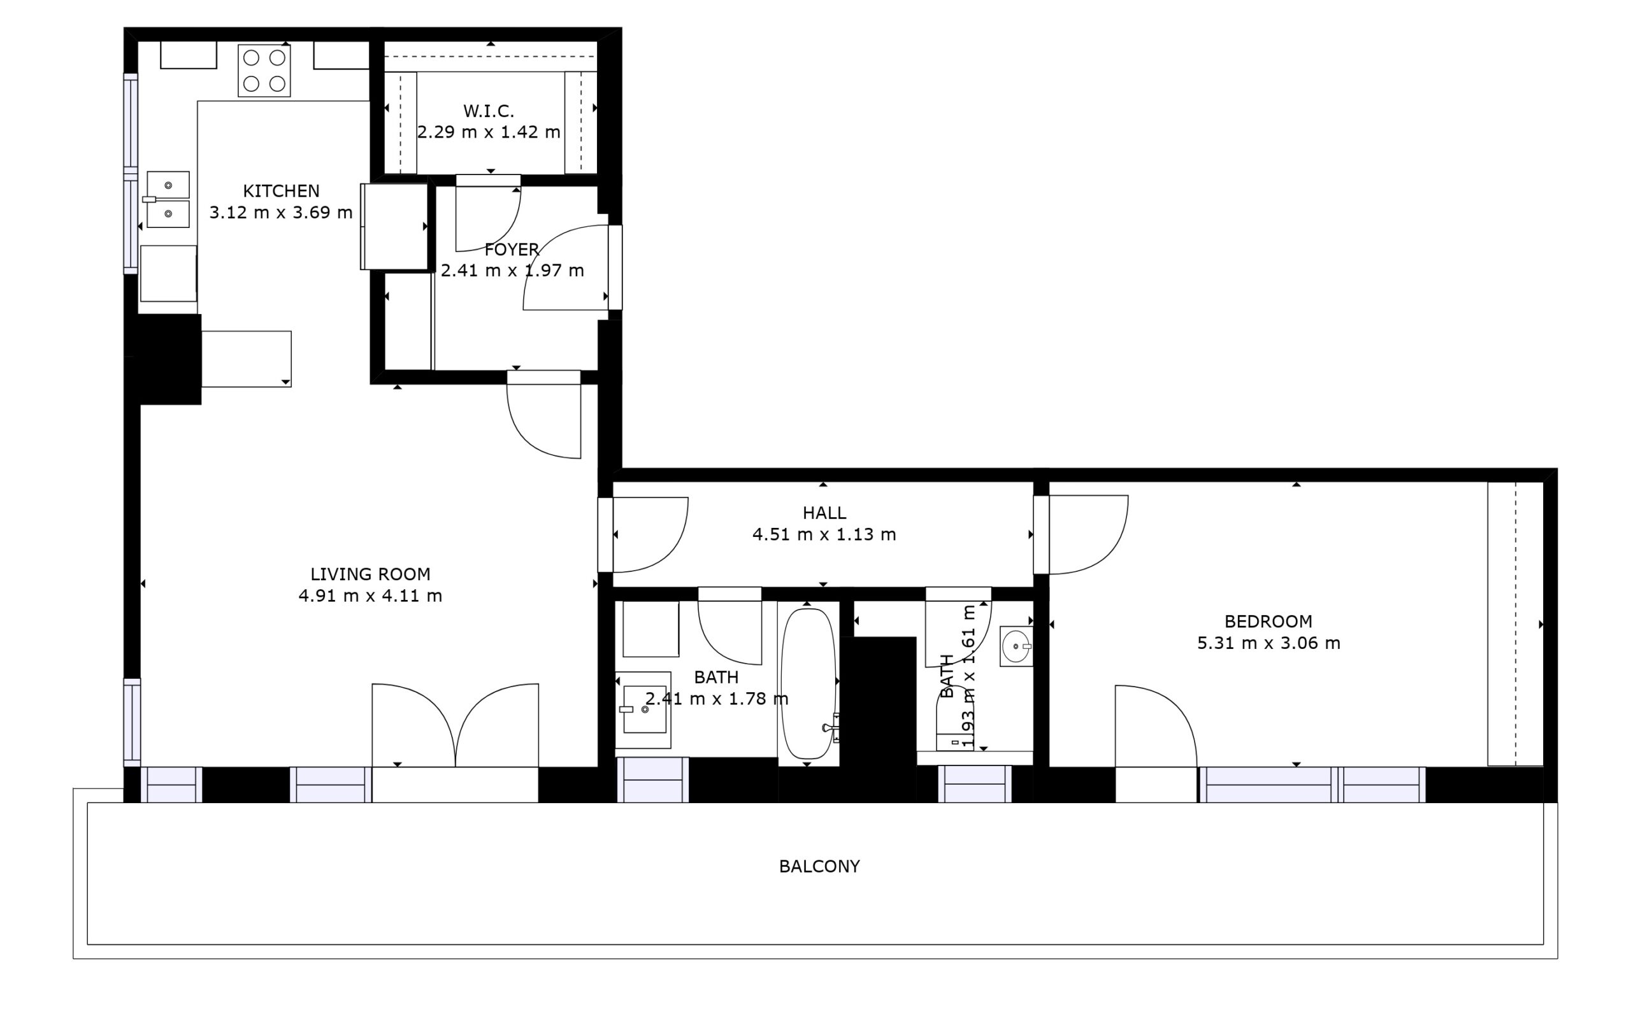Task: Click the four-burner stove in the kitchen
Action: click(264, 71)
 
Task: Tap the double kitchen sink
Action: click(168, 199)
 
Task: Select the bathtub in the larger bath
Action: click(807, 683)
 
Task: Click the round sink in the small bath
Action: click(1016, 646)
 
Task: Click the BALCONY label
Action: click(819, 866)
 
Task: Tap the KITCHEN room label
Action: click(281, 191)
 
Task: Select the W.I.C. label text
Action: click(489, 110)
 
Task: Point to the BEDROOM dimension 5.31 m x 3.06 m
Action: click(1268, 643)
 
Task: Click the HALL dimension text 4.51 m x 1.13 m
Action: click(824, 534)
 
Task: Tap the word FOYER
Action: click(512, 249)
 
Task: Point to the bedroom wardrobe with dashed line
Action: click(1515, 623)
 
